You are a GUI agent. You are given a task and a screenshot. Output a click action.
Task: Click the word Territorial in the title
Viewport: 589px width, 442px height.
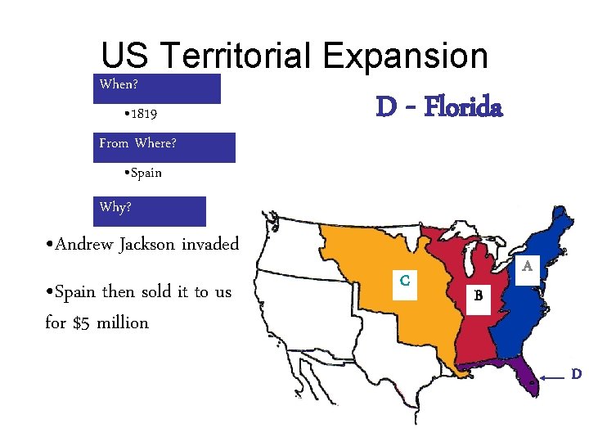(236, 56)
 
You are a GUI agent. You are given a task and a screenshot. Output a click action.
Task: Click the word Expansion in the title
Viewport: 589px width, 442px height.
(406, 56)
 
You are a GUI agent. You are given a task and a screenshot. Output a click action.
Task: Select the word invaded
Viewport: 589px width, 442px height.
(210, 244)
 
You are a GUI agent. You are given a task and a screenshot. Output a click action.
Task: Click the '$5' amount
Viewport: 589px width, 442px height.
(82, 322)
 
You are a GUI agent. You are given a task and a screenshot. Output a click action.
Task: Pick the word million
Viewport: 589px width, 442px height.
(123, 322)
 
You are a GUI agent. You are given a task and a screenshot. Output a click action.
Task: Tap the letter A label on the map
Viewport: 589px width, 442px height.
(528, 266)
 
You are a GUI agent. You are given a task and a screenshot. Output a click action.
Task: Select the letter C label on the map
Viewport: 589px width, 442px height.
(405, 280)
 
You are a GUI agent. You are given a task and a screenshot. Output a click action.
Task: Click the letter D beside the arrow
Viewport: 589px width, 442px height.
(576, 375)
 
